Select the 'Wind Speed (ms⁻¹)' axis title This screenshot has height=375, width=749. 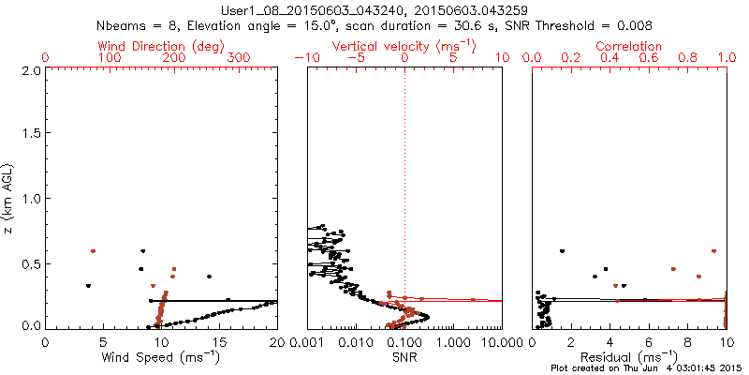click(x=161, y=358)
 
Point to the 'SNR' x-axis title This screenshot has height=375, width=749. click(x=404, y=358)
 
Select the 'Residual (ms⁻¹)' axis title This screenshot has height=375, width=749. click(x=629, y=358)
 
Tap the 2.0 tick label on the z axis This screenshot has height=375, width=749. click(x=31, y=70)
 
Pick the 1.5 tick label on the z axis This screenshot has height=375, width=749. click(x=31, y=134)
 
